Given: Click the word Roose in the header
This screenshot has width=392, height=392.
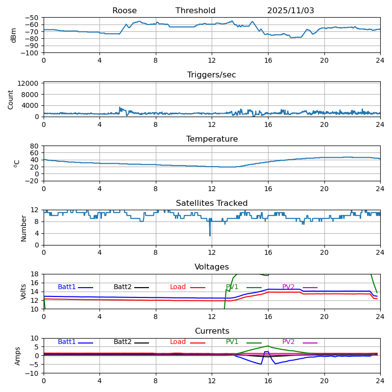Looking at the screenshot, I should coord(124,11).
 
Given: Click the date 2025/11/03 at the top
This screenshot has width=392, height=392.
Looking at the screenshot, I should coord(291,11).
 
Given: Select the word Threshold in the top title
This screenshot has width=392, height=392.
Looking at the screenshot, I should coord(196,11).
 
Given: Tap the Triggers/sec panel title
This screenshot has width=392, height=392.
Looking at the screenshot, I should coord(212,75).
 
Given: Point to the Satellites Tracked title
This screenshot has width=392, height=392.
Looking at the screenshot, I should coord(212,203).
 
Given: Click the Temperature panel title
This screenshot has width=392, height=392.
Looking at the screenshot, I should coord(212,139).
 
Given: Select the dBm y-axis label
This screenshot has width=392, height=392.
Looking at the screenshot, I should coord(14,35).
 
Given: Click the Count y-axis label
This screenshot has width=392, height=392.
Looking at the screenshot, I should coord(11,99).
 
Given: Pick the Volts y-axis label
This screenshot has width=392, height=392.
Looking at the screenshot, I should coord(24,292).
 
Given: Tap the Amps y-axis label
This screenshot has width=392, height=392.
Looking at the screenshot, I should coord(18,356).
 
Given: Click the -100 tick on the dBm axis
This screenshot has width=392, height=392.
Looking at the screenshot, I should coord(30,53).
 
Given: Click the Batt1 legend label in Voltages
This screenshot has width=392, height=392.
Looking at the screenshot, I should coord(67,287).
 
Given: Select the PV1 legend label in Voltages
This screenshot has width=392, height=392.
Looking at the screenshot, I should coord(232,287).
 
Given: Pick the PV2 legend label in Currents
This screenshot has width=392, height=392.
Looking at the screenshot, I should coord(288,342).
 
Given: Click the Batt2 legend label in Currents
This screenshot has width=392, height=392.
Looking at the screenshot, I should coord(122,342).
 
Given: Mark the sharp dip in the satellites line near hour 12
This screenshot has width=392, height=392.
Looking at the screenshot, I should coord(210,235).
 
